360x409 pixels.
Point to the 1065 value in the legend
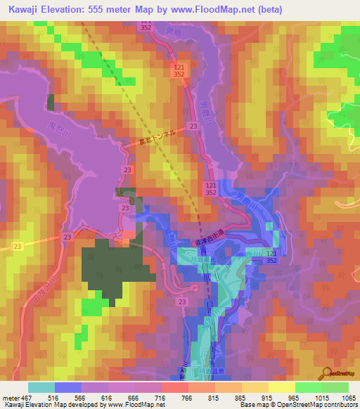tap(347, 397)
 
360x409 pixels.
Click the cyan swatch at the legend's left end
tap(41, 387)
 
